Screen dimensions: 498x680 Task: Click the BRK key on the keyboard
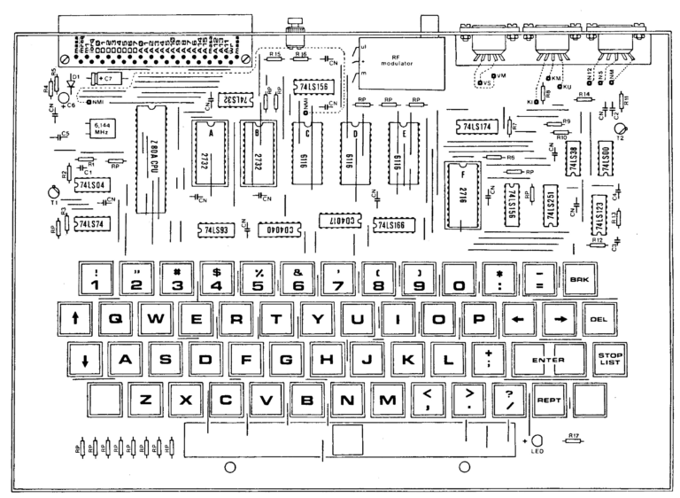pos(578,280)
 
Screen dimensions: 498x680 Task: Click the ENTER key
pos(549,361)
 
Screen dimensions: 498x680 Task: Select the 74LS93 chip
pos(217,229)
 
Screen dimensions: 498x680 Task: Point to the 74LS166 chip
pos(395,225)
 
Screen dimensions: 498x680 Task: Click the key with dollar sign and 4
pos(217,280)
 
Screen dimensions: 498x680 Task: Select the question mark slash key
pos(509,401)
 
